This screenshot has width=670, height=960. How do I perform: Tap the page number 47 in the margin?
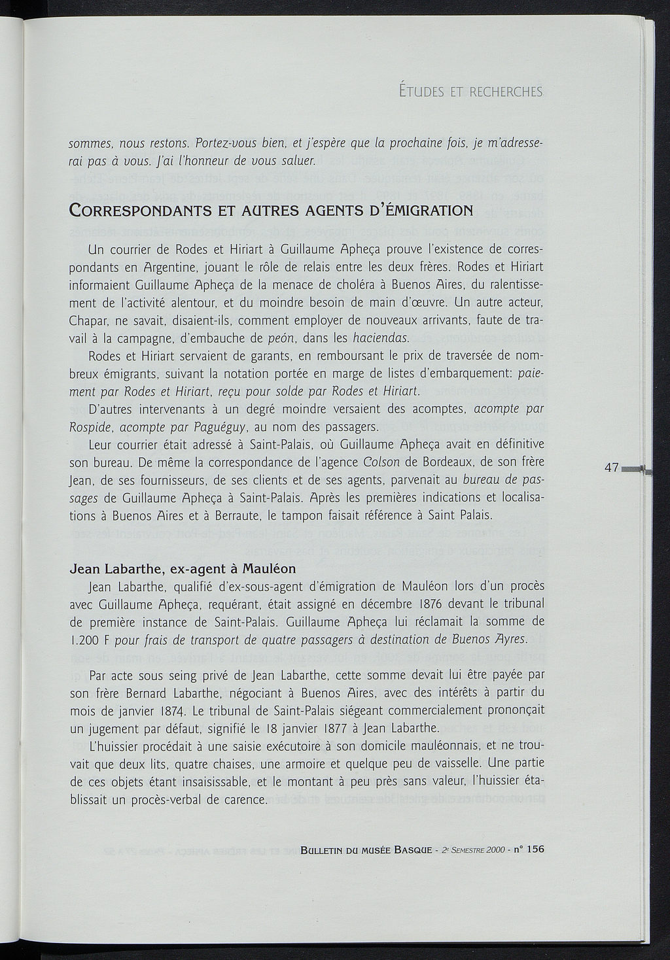tap(612, 468)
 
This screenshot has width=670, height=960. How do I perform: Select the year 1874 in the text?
tap(173, 710)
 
